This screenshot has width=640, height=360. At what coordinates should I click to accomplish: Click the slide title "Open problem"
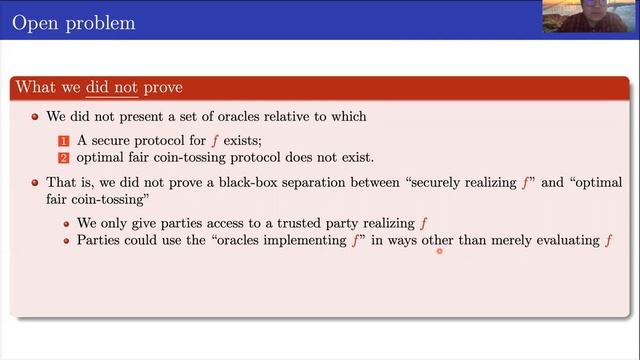point(73,20)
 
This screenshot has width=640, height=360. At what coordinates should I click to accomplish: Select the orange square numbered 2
point(61,158)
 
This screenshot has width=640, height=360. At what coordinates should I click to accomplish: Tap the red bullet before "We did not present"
point(36,117)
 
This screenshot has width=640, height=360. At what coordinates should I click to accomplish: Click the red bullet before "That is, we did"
point(36,183)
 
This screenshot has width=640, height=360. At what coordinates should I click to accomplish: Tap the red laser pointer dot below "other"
point(439,252)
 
